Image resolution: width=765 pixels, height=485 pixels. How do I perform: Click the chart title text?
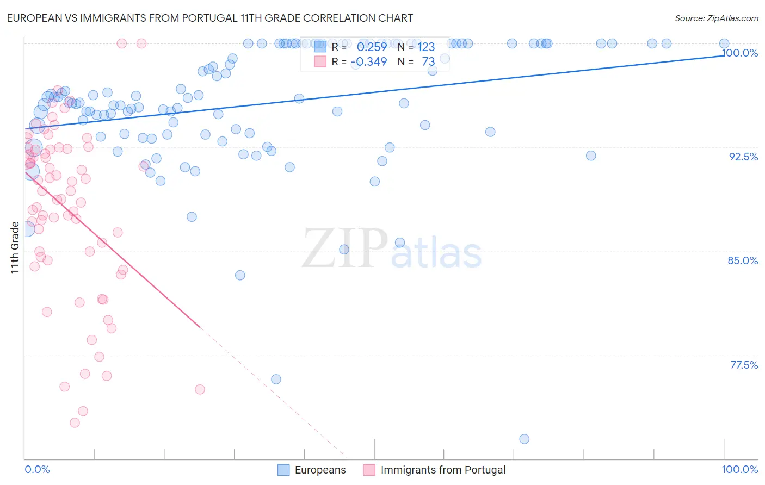(x=209, y=18)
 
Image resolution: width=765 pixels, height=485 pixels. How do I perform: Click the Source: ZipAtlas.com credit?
(x=716, y=18)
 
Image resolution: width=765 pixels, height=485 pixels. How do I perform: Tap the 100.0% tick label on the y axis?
(x=740, y=53)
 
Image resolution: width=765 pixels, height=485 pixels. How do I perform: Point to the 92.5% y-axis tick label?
(x=743, y=157)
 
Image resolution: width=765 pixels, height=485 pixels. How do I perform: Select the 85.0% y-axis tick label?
(x=743, y=260)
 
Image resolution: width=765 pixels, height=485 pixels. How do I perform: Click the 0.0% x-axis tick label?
(x=37, y=469)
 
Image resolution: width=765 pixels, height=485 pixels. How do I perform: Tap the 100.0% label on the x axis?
(x=739, y=469)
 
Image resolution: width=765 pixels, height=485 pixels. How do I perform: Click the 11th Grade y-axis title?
(x=15, y=247)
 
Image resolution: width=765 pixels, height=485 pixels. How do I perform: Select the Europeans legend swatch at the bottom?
(x=283, y=470)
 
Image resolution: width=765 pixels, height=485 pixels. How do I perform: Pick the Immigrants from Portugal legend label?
(x=443, y=470)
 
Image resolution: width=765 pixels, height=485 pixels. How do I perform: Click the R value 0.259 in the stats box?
(x=372, y=47)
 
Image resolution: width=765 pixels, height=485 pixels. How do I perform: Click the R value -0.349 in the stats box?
(x=369, y=62)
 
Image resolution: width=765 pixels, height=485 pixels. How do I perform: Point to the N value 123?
(x=426, y=47)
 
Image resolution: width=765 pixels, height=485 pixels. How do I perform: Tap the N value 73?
(x=428, y=62)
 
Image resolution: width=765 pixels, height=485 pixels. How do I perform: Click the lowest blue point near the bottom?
(x=524, y=439)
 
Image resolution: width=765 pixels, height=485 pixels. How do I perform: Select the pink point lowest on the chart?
(x=75, y=422)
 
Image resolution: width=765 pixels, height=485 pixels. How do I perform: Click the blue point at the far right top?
(x=724, y=43)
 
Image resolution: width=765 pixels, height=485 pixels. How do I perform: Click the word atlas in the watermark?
(x=436, y=253)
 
